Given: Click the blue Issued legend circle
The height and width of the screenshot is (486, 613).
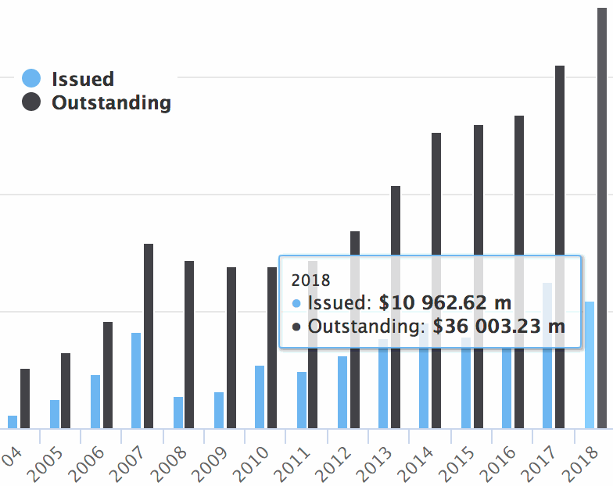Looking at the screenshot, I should tap(31, 78).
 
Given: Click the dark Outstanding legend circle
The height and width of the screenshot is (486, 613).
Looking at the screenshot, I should tap(31, 102).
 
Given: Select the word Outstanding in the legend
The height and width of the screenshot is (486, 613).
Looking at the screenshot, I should tap(111, 102).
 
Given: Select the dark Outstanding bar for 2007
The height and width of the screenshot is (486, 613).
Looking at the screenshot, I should tap(149, 336).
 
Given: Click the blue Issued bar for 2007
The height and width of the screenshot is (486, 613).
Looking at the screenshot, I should tap(136, 381).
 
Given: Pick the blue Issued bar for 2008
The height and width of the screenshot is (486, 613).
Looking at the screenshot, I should tap(178, 413).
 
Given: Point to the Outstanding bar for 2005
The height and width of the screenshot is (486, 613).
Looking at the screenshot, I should tap(66, 391).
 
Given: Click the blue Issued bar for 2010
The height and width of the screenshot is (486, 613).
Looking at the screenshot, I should tap(260, 397).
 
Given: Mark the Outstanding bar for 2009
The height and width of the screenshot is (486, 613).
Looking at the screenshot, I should tap(231, 348).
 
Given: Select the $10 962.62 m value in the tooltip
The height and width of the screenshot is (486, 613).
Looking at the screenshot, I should tap(445, 302).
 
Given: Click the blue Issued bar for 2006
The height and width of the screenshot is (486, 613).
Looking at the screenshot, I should tap(95, 402).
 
